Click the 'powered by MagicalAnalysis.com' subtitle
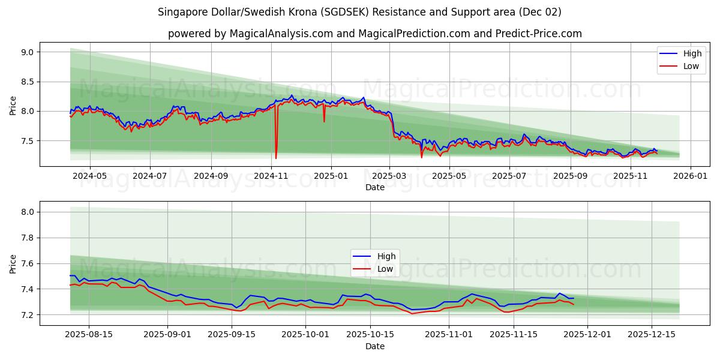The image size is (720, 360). pyautogui.click(x=374, y=34)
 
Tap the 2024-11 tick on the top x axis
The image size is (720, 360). pyautogui.click(x=271, y=176)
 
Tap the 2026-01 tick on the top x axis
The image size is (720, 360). pyautogui.click(x=690, y=176)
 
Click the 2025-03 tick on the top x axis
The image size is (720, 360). pyautogui.click(x=389, y=176)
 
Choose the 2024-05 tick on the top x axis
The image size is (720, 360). pyautogui.click(x=89, y=176)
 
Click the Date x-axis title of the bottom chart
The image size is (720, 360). pyautogui.click(x=374, y=346)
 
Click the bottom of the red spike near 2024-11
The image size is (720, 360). pyautogui.click(x=276, y=158)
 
